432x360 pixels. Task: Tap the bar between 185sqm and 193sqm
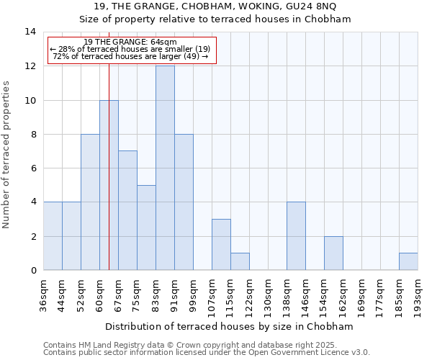coord(408,261)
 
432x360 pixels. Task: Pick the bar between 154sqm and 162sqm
coord(333,253)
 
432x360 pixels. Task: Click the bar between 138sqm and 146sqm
coord(296,236)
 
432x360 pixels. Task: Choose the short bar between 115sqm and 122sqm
coord(240,261)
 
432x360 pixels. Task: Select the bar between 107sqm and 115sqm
coord(221,245)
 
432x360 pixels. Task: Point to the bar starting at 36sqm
coord(53,236)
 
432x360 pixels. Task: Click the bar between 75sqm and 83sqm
coord(146,228)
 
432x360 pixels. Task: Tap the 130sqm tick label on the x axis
coord(268,294)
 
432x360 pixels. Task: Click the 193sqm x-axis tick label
coord(418,294)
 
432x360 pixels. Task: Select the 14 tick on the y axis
coord(30,32)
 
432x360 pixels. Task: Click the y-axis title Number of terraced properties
coord(8,155)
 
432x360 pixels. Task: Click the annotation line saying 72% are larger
coord(130,56)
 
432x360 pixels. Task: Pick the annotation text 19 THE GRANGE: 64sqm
coord(130,42)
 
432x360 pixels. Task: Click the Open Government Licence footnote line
coord(207,353)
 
